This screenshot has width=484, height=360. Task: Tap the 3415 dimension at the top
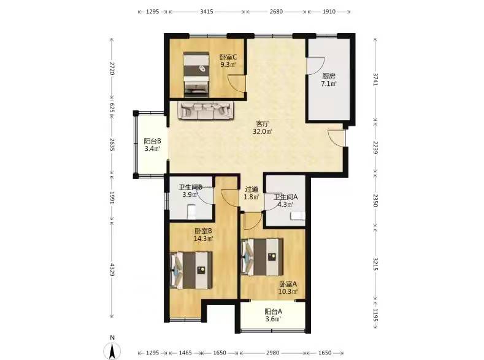pyautogui.click(x=207, y=12)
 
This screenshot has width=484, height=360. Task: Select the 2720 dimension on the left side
pyautogui.click(x=112, y=69)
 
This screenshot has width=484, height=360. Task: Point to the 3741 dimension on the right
pyautogui.click(x=375, y=79)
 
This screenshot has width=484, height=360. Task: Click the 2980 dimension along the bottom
pyautogui.click(x=273, y=353)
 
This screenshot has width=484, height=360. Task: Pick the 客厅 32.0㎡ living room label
pyautogui.click(x=263, y=128)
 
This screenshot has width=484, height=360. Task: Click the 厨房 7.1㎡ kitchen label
pyautogui.click(x=329, y=80)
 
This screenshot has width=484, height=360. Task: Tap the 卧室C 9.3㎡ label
pyautogui.click(x=228, y=61)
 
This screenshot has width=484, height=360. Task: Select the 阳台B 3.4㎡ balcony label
pyautogui.click(x=152, y=145)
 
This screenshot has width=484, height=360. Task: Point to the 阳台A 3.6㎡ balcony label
pyautogui.click(x=273, y=315)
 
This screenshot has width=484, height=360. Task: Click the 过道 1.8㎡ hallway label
pyautogui.click(x=252, y=193)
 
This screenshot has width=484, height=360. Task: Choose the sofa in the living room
pyautogui.click(x=206, y=110)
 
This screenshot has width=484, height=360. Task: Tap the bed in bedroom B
pyautogui.click(x=191, y=270)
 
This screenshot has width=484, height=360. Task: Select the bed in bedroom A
pyautogui.click(x=262, y=257)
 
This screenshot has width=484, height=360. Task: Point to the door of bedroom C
pyautogui.click(x=237, y=83)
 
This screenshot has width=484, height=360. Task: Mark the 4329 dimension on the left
pyautogui.click(x=112, y=270)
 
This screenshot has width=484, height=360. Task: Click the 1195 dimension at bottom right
pyautogui.click(x=375, y=315)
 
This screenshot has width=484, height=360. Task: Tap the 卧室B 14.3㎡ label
pyautogui.click(x=203, y=235)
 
